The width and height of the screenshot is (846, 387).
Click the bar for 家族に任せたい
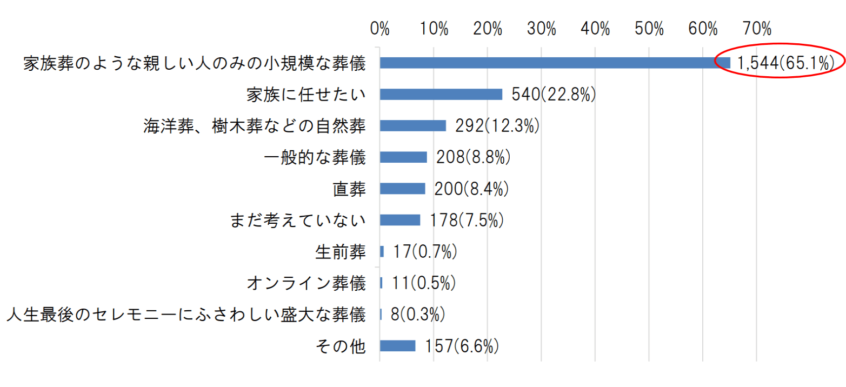[441, 94]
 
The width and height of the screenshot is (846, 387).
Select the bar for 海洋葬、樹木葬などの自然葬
[413, 125]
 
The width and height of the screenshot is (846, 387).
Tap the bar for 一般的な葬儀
[403, 157]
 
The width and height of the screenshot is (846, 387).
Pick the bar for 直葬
[402, 188]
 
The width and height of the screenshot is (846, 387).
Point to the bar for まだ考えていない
[400, 219]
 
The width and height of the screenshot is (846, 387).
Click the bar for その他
[397, 345]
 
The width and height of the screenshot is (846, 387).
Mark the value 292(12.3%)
[497, 126]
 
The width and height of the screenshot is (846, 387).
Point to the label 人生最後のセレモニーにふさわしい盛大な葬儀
[186, 314]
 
